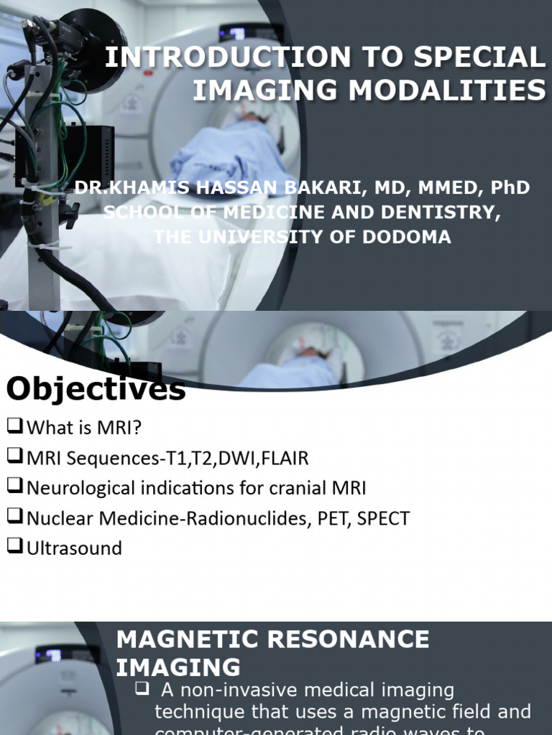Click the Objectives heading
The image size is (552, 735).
96,389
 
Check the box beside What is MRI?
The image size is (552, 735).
15,426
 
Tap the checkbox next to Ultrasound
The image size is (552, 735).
15,547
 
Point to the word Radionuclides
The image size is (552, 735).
238,518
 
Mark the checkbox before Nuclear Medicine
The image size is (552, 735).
15,517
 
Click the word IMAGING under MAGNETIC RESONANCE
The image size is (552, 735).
178,667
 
